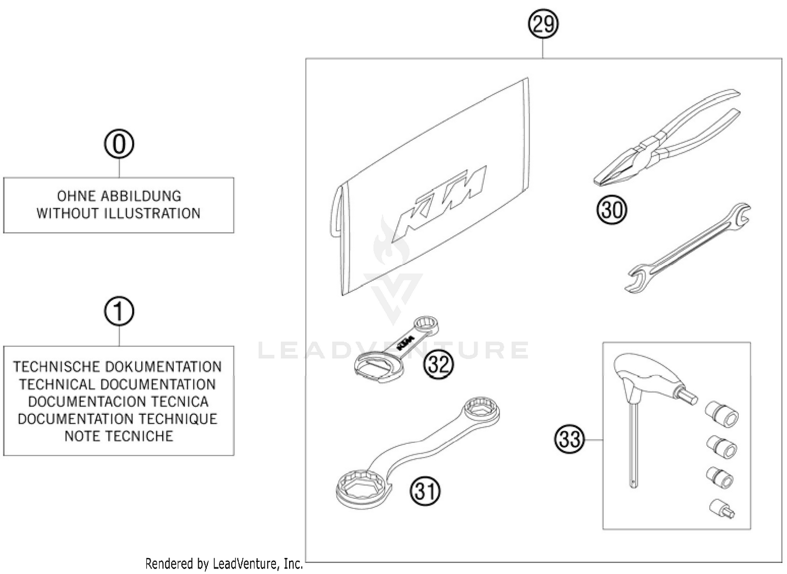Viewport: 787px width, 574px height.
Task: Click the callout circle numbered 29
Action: pos(543,24)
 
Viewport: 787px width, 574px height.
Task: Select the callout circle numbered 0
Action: pos(119,144)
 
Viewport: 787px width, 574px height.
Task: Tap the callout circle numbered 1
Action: pos(119,311)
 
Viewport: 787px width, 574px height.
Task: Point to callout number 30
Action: pos(612,210)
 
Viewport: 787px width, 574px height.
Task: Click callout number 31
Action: pos(425,492)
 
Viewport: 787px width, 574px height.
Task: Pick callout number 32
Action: pos(439,363)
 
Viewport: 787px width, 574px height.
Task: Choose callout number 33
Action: pos(569,439)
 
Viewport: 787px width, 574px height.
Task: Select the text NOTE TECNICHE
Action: pos(119,436)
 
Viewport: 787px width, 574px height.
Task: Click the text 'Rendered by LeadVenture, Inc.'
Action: pos(224,564)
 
